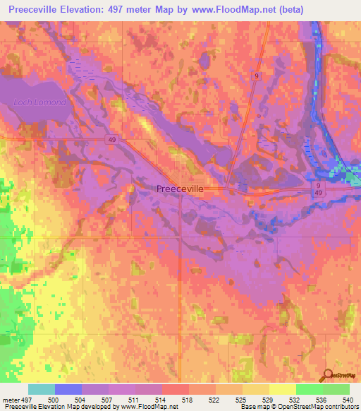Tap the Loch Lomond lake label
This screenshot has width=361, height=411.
40,102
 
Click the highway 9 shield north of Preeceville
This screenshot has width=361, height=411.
258,76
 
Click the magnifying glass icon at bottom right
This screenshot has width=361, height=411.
329,374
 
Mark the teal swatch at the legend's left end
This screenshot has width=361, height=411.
42,389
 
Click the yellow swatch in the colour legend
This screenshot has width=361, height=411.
282,389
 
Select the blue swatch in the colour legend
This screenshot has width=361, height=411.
68,389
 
